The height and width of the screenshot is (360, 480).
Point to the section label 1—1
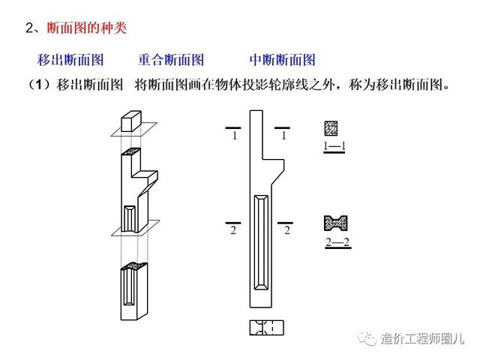pos(334,145)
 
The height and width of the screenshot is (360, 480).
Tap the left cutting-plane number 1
pos(235,136)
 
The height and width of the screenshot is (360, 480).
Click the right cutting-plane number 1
pos(283,136)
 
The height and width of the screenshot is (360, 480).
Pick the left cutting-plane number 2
pos(233,230)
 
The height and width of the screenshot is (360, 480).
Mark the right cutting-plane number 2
pos(286,230)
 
